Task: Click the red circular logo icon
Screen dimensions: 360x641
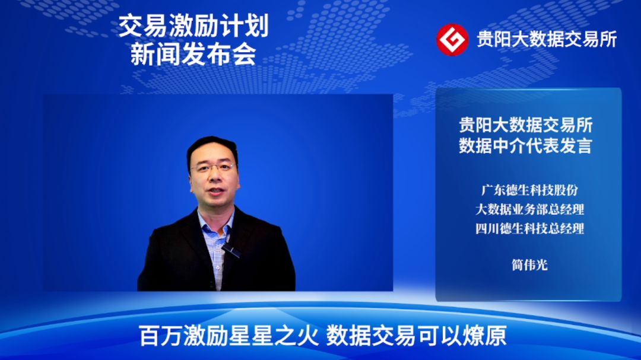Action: pyautogui.click(x=452, y=39)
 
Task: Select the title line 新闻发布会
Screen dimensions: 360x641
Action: pyautogui.click(x=193, y=55)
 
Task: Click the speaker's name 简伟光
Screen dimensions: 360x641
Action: pyautogui.click(x=529, y=265)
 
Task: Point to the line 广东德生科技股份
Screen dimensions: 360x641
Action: pyautogui.click(x=529, y=191)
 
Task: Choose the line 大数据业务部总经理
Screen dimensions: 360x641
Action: pyautogui.click(x=529, y=209)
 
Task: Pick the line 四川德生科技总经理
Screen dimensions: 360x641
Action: pyautogui.click(x=529, y=228)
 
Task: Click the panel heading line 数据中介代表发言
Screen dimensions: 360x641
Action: pyautogui.click(x=525, y=145)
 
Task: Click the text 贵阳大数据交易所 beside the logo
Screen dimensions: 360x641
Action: pyautogui.click(x=547, y=39)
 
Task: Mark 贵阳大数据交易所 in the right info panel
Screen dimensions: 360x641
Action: pyautogui.click(x=525, y=125)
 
